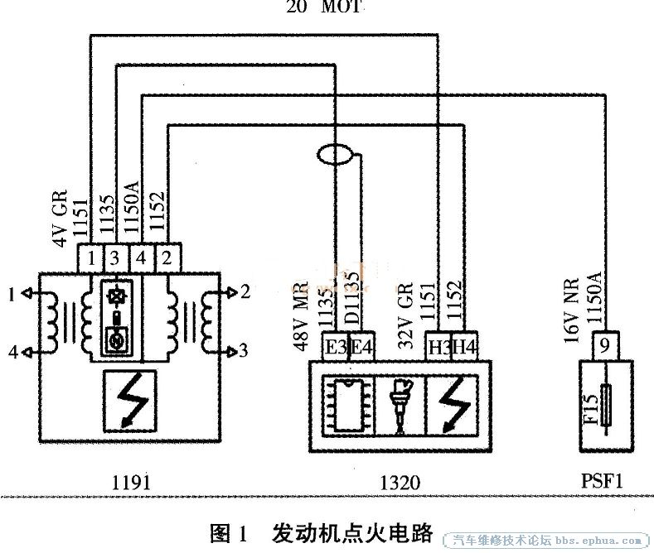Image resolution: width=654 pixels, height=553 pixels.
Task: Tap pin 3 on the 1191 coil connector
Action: [116, 257]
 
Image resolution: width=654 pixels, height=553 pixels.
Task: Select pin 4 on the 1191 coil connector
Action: [143, 257]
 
